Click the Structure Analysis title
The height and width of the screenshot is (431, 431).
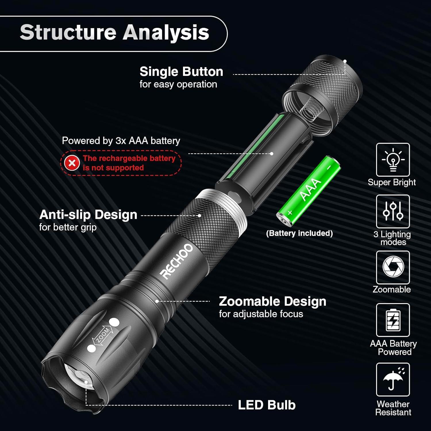[114, 32]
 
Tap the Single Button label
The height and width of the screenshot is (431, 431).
[181, 72]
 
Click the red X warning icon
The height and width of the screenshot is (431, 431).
[72, 163]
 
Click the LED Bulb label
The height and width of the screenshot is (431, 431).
[267, 405]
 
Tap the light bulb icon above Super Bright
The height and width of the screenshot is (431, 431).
[393, 160]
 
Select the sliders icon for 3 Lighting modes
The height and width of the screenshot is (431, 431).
[393, 211]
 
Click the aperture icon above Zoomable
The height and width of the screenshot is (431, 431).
[393, 267]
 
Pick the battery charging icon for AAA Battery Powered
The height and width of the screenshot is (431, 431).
[393, 320]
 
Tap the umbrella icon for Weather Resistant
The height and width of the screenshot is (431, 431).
[393, 379]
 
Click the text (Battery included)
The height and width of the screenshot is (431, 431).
[299, 233]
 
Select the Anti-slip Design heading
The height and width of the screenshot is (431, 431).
[88, 215]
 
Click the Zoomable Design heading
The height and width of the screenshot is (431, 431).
[272, 301]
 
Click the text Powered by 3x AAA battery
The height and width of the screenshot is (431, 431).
[121, 141]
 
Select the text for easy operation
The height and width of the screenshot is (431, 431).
[178, 84]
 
